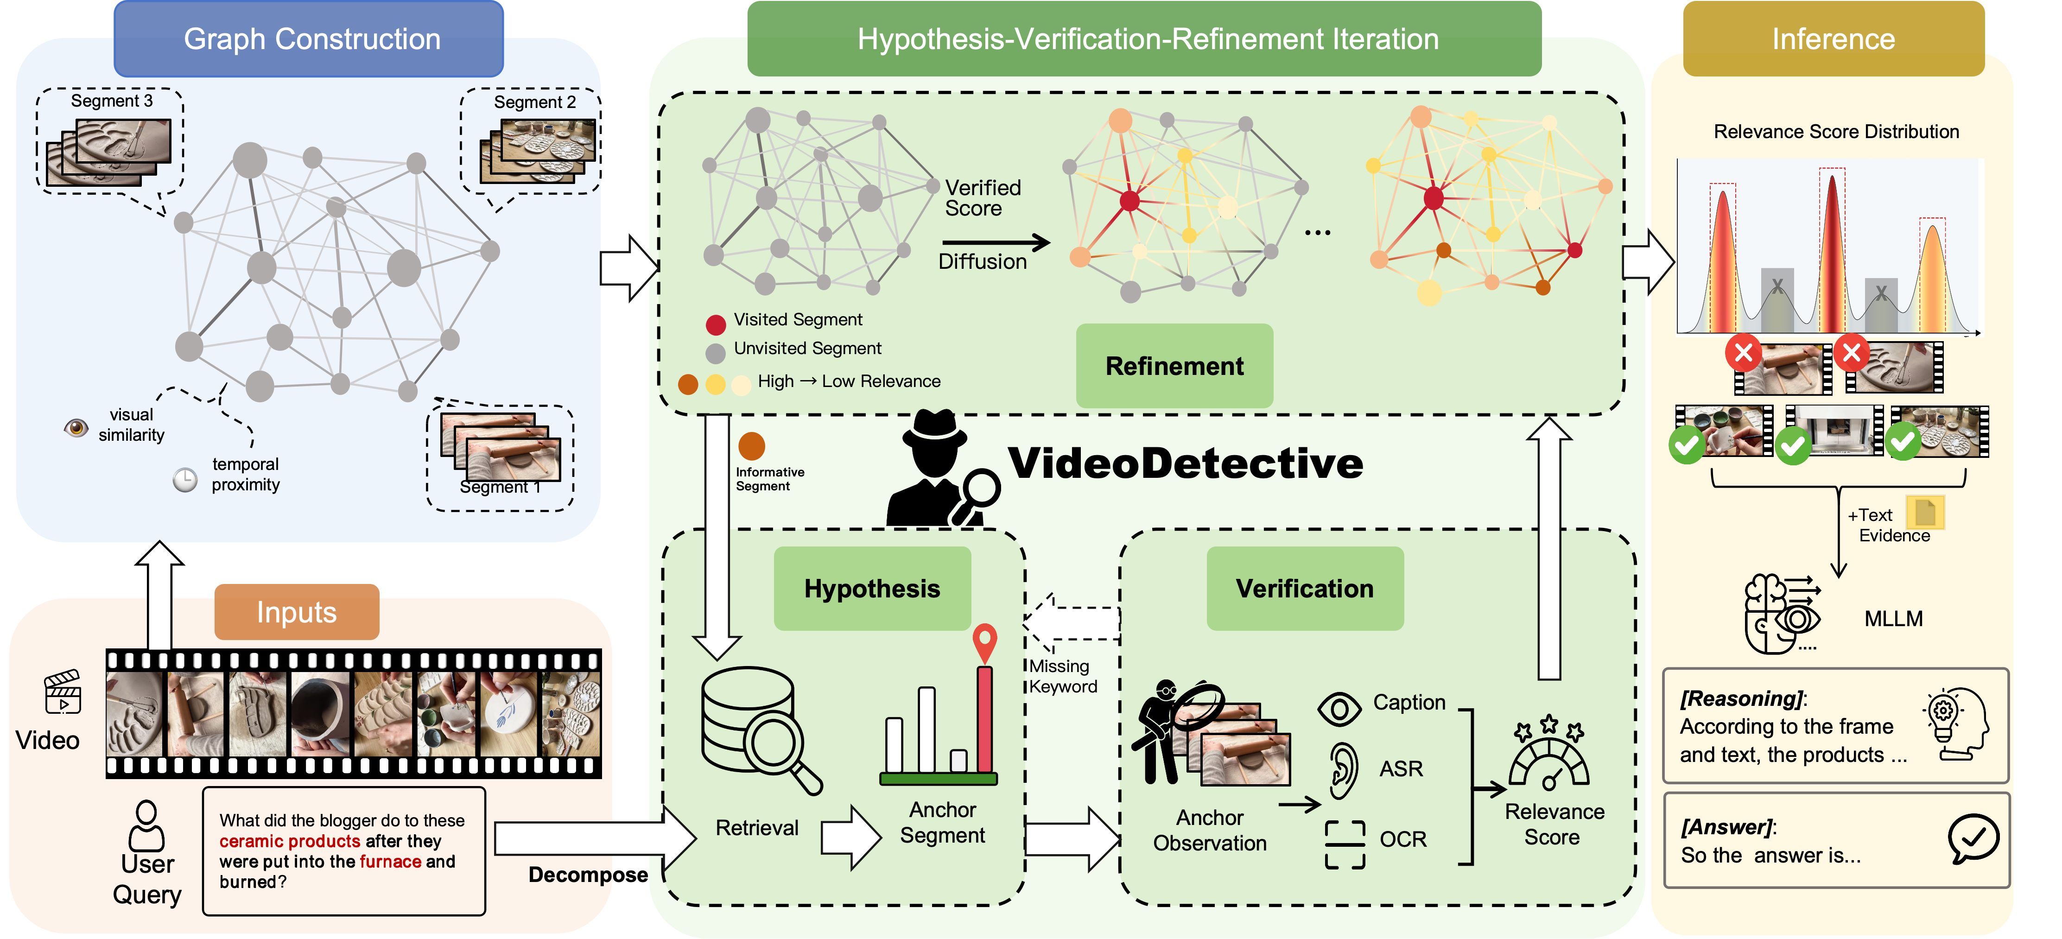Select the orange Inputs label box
pos(296,612)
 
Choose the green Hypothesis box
pos(872,588)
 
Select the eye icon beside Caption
pos(1339,709)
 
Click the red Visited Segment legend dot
pos(716,324)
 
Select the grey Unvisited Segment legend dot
pos(716,352)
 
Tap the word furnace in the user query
pos(391,861)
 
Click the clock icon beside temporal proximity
pos(185,480)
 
